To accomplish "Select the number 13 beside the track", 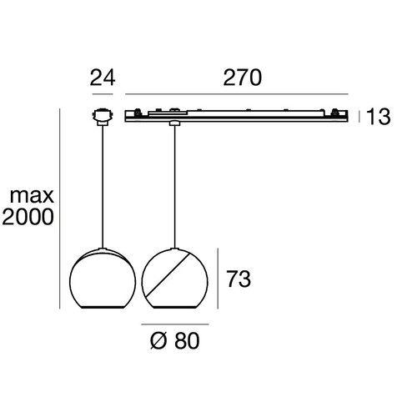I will [379, 117].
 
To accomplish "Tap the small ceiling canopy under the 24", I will [102, 116].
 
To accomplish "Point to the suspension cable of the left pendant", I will [102, 183].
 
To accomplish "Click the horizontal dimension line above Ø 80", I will [174, 323].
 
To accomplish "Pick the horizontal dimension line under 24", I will [102, 94].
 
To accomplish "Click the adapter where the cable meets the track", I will [174, 124].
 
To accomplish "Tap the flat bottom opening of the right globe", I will [174, 308].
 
